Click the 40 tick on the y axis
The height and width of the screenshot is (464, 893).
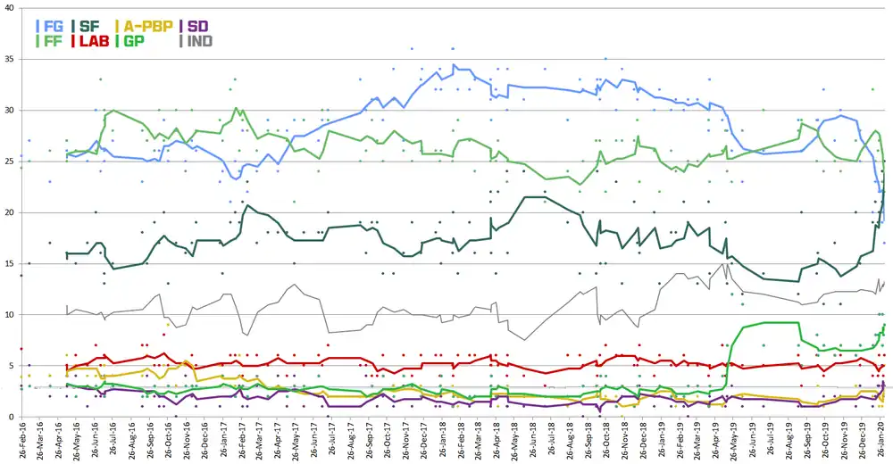click(x=10, y=7)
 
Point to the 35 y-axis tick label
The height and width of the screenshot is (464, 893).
click(x=10, y=59)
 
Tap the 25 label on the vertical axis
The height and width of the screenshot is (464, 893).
click(x=10, y=162)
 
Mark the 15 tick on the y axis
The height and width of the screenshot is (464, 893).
click(x=10, y=263)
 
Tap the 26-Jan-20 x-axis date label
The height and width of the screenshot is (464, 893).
click(x=881, y=441)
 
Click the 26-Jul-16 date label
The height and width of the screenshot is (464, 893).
click(x=113, y=441)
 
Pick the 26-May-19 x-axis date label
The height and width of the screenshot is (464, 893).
click(x=734, y=441)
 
